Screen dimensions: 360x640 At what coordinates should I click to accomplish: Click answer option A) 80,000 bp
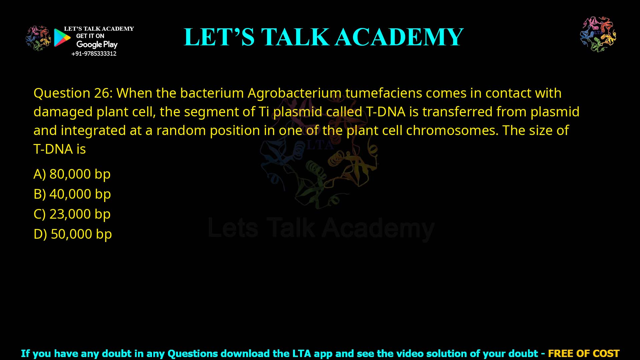[x=72, y=174]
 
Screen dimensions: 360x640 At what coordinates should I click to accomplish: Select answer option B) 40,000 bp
[x=72, y=194]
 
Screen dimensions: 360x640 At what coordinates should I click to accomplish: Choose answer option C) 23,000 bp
[x=72, y=214]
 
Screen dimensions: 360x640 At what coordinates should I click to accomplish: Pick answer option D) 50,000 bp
[x=73, y=234]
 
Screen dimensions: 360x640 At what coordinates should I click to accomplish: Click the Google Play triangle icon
[x=62, y=38]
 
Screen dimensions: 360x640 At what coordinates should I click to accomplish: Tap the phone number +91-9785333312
[x=94, y=54]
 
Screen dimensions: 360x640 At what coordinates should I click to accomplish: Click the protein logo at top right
[x=598, y=34]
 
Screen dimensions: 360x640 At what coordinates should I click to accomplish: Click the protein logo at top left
[x=38, y=38]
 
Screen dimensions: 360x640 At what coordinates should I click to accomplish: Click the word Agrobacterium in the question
[x=294, y=93]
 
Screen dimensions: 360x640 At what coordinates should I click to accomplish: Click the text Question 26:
[x=73, y=93]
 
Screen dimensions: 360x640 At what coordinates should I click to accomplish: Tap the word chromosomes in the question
[x=452, y=130]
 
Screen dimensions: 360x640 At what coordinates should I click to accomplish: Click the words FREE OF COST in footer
[x=583, y=353]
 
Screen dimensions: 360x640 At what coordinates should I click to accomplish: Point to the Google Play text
[x=97, y=44]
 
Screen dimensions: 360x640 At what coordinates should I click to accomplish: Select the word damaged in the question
[x=63, y=112]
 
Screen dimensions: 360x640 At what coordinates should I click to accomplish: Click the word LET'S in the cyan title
[x=219, y=37]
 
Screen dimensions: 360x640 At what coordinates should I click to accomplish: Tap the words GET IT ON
[x=90, y=36]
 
